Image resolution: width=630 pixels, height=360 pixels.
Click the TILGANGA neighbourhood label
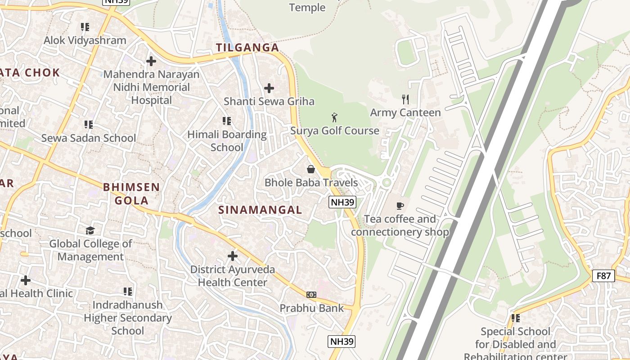coord(247,48)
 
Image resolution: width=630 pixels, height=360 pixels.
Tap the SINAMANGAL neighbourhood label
coord(260,210)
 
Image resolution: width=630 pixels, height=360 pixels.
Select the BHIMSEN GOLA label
coord(131,193)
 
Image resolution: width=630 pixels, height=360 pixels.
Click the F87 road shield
coord(603,275)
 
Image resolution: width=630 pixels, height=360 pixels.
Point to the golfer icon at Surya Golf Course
coord(334,118)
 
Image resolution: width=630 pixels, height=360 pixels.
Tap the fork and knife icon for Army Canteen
coord(405,99)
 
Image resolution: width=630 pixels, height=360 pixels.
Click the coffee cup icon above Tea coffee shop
coord(400,206)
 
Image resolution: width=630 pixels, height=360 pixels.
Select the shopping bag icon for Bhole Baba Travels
coord(310,169)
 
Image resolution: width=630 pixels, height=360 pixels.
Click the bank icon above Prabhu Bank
coord(311,295)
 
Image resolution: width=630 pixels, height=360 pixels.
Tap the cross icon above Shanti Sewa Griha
coord(269,88)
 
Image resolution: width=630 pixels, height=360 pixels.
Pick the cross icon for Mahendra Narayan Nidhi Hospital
coord(151,61)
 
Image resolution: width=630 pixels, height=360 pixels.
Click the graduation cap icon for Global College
coord(90,230)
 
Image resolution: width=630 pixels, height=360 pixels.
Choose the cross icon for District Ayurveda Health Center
coord(232,256)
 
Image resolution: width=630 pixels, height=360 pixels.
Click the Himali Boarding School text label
coord(227,141)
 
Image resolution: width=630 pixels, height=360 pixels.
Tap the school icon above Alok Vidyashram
coord(85,27)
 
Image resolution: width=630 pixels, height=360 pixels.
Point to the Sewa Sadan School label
coord(88,138)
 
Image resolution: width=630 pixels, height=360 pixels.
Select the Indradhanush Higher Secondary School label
coord(128,318)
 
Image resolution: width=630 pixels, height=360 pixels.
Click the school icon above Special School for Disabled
coord(515,318)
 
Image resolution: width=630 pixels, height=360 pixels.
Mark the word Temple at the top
coord(307,8)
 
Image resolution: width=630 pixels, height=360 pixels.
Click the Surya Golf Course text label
coord(335,131)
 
